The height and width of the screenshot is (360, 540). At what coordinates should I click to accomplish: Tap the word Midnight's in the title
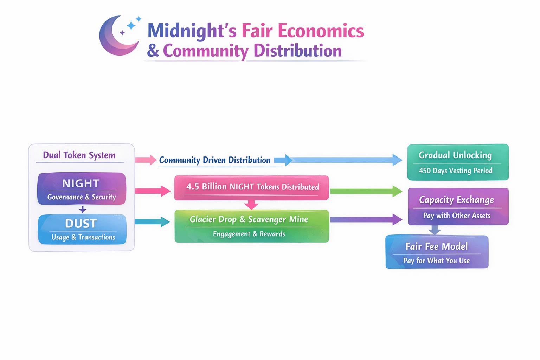pyautogui.click(x=192, y=31)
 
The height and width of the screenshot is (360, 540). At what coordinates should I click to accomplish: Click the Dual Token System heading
pyautogui.click(x=79, y=155)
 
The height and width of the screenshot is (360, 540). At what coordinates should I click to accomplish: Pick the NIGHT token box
pyautogui.click(x=82, y=189)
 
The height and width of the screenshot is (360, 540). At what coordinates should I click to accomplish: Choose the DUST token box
pyautogui.click(x=82, y=229)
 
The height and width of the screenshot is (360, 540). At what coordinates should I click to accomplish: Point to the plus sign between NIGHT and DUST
pyautogui.click(x=82, y=210)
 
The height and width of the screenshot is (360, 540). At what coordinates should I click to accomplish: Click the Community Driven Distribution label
pyautogui.click(x=215, y=160)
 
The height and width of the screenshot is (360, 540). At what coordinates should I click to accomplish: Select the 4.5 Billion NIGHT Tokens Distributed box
pyautogui.click(x=252, y=187)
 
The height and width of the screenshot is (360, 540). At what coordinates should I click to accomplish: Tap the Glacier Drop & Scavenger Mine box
pyautogui.click(x=252, y=226)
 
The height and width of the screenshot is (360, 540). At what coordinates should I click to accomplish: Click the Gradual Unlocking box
pyautogui.click(x=458, y=162)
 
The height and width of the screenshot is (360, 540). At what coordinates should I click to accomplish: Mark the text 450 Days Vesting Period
pyautogui.click(x=456, y=171)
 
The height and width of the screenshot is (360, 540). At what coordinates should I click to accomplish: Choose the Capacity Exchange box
pyautogui.click(x=458, y=206)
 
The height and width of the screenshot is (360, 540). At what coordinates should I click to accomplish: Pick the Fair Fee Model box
pyautogui.click(x=437, y=252)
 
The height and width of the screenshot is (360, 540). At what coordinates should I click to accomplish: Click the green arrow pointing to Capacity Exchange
pyautogui.click(x=366, y=191)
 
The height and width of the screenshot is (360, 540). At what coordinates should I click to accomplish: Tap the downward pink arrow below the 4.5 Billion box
pyautogui.click(x=251, y=204)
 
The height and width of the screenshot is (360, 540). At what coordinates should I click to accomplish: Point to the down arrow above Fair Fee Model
pyautogui.click(x=435, y=230)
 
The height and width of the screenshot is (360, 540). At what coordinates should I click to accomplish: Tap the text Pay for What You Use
pyautogui.click(x=436, y=261)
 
